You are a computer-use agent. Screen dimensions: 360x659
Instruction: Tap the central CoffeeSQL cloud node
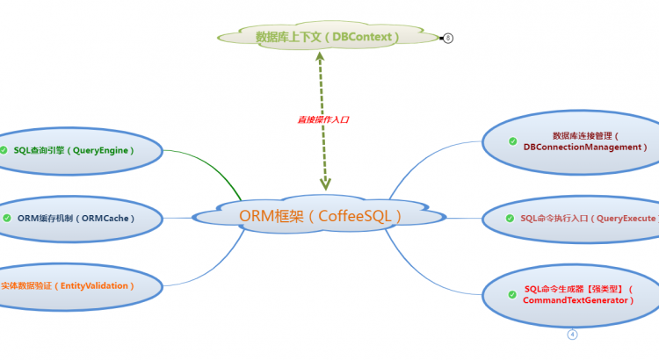(x=321, y=215)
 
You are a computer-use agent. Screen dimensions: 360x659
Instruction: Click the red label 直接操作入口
(x=323, y=119)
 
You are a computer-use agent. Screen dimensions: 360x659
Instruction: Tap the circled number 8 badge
(x=448, y=38)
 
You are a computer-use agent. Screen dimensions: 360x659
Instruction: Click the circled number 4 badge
(x=572, y=335)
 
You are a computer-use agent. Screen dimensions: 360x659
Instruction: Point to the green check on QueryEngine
(x=5, y=150)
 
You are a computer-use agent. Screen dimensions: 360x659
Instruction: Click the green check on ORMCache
(x=7, y=218)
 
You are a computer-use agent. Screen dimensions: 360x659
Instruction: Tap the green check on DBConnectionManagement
(x=513, y=141)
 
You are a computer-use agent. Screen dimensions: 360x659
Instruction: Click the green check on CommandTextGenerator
(x=513, y=294)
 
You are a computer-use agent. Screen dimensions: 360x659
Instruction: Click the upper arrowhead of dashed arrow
(x=320, y=58)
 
